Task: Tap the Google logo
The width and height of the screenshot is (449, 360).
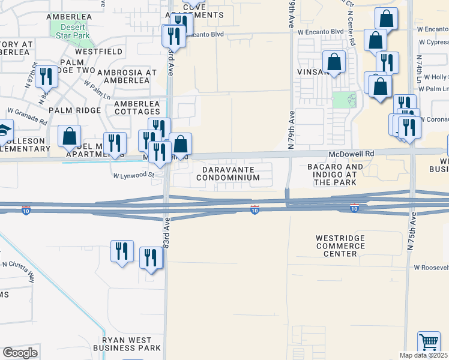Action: [20, 353]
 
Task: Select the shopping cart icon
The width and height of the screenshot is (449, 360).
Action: [429, 343]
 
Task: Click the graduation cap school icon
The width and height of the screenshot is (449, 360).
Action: [4, 130]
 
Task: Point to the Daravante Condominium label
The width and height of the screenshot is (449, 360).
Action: [228, 174]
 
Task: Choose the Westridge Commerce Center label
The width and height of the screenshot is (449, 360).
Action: [340, 246]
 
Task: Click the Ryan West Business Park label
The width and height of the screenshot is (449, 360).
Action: [127, 343]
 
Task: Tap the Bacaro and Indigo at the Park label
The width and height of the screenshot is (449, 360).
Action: [335, 174]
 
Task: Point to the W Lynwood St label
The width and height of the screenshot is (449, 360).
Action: [134, 176]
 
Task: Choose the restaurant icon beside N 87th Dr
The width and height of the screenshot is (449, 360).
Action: [45, 77]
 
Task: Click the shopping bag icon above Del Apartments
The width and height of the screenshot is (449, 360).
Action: [70, 136]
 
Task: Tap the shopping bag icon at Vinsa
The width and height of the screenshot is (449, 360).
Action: [334, 62]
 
